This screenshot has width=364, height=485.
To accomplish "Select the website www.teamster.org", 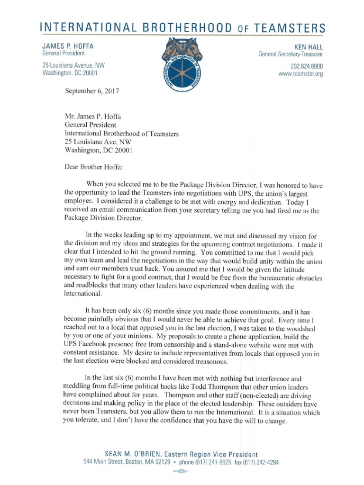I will [x=300, y=74].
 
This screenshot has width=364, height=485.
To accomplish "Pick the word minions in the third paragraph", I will [x=140, y=337].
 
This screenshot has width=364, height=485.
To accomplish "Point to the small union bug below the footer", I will [x=182, y=472].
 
